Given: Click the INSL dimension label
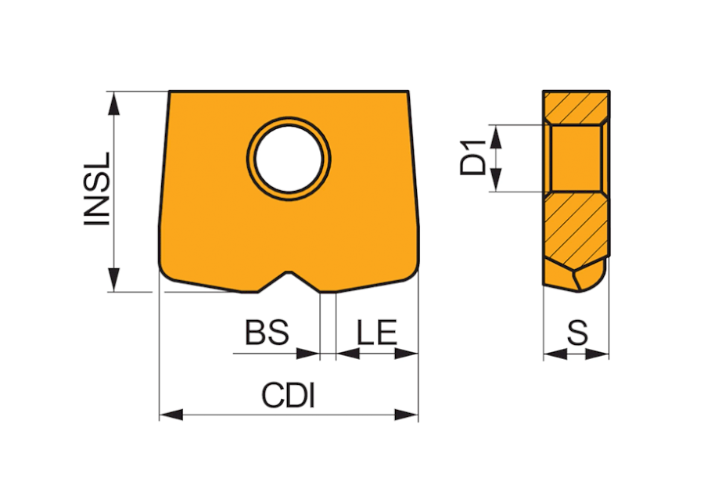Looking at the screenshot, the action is (97, 189).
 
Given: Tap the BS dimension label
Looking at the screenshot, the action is (267, 332).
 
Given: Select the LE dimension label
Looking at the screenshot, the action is (377, 332).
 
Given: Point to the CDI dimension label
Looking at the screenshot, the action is (288, 395).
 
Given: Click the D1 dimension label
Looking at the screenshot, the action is (473, 158).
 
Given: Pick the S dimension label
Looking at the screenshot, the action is (577, 332).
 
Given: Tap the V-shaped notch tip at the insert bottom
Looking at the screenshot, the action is (289, 272).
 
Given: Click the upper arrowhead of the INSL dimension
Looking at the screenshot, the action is (114, 103).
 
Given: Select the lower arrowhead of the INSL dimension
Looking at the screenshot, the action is (114, 279).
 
